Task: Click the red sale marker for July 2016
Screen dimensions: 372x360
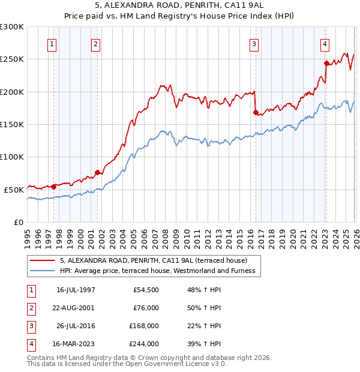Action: click(x=256, y=112)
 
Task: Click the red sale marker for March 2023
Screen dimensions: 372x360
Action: click(x=326, y=63)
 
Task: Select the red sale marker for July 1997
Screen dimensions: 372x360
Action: click(x=53, y=186)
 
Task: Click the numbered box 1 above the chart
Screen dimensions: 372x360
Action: click(x=52, y=44)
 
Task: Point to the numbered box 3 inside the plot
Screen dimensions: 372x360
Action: click(x=254, y=44)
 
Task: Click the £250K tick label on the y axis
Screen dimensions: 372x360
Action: click(x=12, y=59)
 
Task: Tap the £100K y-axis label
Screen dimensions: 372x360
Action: click(x=12, y=157)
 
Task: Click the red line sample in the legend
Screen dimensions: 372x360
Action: click(x=43, y=260)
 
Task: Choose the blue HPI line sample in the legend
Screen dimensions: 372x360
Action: click(x=43, y=271)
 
